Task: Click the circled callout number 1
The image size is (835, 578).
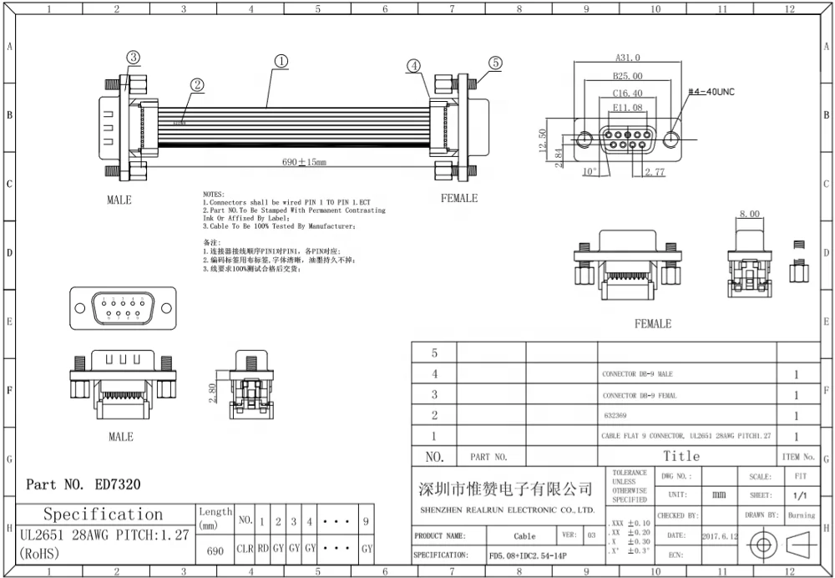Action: pyautogui.click(x=281, y=61)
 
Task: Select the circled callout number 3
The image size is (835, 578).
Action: pyautogui.click(x=133, y=57)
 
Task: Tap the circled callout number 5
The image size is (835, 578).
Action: pyautogui.click(x=495, y=63)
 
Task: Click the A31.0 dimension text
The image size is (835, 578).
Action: pyautogui.click(x=627, y=58)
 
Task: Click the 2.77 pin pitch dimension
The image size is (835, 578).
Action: pyautogui.click(x=654, y=172)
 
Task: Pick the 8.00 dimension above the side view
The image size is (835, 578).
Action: pyautogui.click(x=749, y=215)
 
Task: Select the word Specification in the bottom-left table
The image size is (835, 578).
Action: pyautogui.click(x=103, y=514)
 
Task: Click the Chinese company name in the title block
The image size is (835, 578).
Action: pyautogui.click(x=505, y=489)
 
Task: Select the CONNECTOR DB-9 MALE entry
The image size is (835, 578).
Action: pyautogui.click(x=637, y=374)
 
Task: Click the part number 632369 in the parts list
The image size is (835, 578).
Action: pyautogui.click(x=614, y=415)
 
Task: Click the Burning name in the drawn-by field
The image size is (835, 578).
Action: pyautogui.click(x=801, y=515)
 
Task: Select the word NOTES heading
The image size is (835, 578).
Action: pyautogui.click(x=214, y=194)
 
